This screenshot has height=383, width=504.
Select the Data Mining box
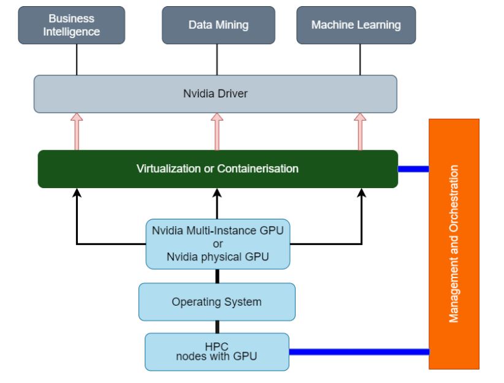pyautogui.click(x=217, y=25)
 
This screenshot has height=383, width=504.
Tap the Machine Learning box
pyautogui.click(x=356, y=25)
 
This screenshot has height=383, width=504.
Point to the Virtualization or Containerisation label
pyautogui.click(x=218, y=169)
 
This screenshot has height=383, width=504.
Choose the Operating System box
pyautogui.click(x=217, y=301)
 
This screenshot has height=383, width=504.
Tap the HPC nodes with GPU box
pyautogui.click(x=217, y=351)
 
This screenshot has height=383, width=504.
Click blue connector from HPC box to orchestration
pyautogui.click(x=358, y=352)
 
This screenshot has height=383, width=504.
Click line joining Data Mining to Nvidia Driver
pyautogui.click(x=216, y=59)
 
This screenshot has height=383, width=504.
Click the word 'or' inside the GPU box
pyautogui.click(x=218, y=244)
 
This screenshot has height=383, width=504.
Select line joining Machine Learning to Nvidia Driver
pyautogui.click(x=361, y=59)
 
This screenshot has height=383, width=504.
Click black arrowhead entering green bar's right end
pyautogui.click(x=361, y=193)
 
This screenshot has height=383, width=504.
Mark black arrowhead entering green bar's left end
pyautogui.click(x=77, y=193)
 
